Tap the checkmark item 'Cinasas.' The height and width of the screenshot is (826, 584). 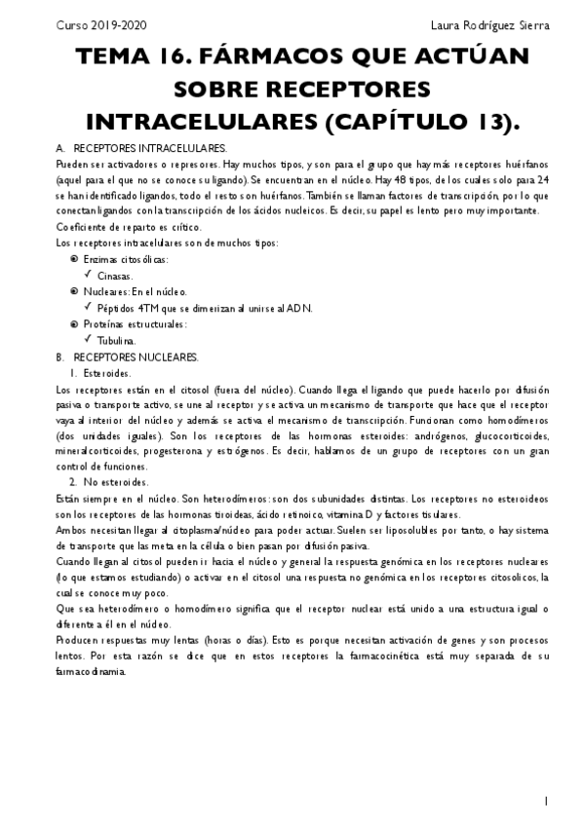tap(115, 276)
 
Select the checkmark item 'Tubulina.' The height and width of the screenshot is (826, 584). tap(117, 341)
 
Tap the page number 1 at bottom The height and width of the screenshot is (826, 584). tap(548, 801)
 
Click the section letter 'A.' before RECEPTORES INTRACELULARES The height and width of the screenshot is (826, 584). tap(61, 147)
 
